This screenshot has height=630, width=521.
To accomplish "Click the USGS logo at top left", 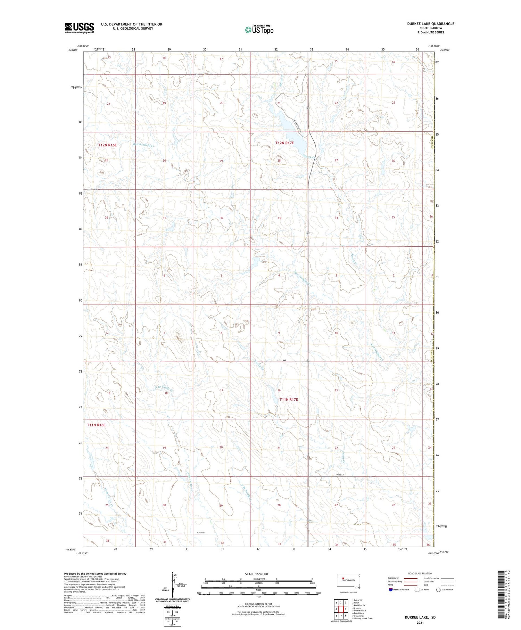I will click(x=79, y=28).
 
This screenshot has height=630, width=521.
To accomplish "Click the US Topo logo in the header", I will click(x=259, y=30).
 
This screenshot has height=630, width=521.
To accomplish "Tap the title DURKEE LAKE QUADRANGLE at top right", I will click(x=431, y=24).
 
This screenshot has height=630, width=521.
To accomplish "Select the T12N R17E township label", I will click(x=284, y=143).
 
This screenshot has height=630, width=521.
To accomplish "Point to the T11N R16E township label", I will click(x=96, y=425).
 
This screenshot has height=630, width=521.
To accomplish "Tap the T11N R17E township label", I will click(x=289, y=400).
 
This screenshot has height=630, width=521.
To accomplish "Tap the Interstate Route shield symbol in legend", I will click(x=391, y=589).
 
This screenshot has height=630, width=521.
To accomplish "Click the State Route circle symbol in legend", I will click(x=438, y=589).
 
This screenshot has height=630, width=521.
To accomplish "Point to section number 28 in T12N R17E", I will click(x=279, y=161).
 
